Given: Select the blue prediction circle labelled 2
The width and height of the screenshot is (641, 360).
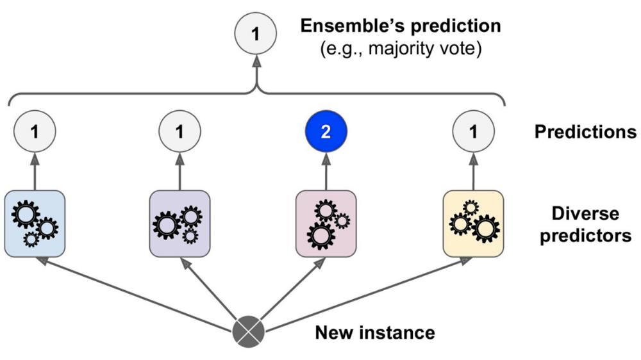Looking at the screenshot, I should tap(326, 132).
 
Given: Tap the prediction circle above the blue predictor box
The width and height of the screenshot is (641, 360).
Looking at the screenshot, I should tap(35, 132).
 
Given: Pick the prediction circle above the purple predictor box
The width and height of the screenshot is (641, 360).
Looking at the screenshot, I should tap(179, 132).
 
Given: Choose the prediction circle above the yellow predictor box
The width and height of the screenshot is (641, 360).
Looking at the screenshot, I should tap(473, 132).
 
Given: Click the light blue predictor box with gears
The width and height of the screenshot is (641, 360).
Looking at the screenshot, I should tap(35, 224).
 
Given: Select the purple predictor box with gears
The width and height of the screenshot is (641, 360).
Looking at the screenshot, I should tap(179, 224).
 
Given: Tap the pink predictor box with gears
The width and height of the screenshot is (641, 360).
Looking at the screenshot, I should tap(326, 224).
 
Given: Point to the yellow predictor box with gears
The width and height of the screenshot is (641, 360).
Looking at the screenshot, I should tap(473, 224).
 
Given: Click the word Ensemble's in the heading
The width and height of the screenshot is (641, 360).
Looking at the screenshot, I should tap(357, 28).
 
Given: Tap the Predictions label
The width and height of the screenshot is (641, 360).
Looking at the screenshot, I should tap(585, 133).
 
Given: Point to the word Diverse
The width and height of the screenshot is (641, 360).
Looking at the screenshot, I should tap(585, 213).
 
